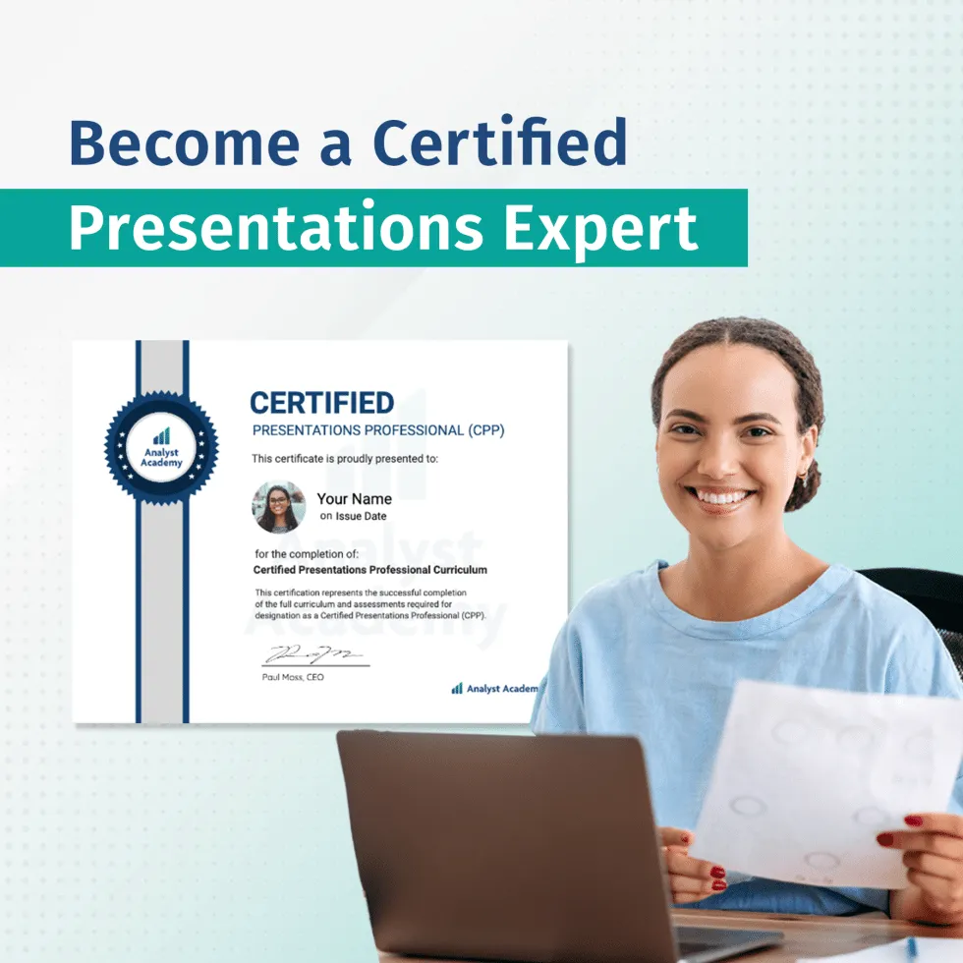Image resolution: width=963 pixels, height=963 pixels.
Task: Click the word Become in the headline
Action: [x=184, y=142]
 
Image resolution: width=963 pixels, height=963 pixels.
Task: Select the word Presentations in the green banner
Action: [x=276, y=228]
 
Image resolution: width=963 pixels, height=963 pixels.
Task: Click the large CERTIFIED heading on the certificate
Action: [x=321, y=403]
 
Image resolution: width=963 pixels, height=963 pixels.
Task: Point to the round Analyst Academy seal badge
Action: [x=161, y=448]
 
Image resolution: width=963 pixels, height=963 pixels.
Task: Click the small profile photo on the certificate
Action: [x=278, y=507]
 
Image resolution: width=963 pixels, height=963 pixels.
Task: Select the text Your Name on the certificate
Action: [x=354, y=499]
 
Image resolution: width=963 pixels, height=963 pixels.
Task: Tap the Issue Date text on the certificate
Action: [x=362, y=517]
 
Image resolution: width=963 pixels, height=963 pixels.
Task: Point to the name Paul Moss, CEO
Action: [x=293, y=677]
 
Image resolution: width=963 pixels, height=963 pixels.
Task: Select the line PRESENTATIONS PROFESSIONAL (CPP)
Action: [x=378, y=430]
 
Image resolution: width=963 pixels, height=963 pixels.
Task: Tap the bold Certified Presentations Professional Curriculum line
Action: [x=370, y=570]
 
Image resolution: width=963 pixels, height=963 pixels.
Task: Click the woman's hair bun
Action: [x=807, y=486]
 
